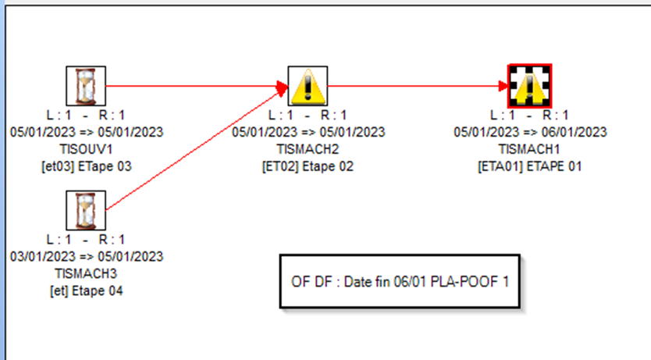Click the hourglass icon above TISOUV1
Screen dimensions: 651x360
(86, 86)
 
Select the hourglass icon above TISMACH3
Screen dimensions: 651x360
(86, 211)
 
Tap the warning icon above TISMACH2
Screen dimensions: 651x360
(308, 86)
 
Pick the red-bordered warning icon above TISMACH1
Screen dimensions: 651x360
(530, 86)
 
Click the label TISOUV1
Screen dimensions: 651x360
(87, 149)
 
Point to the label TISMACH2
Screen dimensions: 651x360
(308, 149)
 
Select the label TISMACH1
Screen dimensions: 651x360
(529, 149)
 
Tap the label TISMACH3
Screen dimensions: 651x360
(86, 273)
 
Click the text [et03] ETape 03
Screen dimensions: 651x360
(87, 166)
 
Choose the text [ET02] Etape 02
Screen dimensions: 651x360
(308, 166)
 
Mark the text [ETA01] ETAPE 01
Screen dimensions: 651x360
(530, 166)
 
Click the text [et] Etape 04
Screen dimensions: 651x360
(87, 291)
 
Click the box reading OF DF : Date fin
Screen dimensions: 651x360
(400, 282)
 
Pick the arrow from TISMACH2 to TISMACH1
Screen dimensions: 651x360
(418, 86)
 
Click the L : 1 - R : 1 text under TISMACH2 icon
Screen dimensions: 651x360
(308, 115)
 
